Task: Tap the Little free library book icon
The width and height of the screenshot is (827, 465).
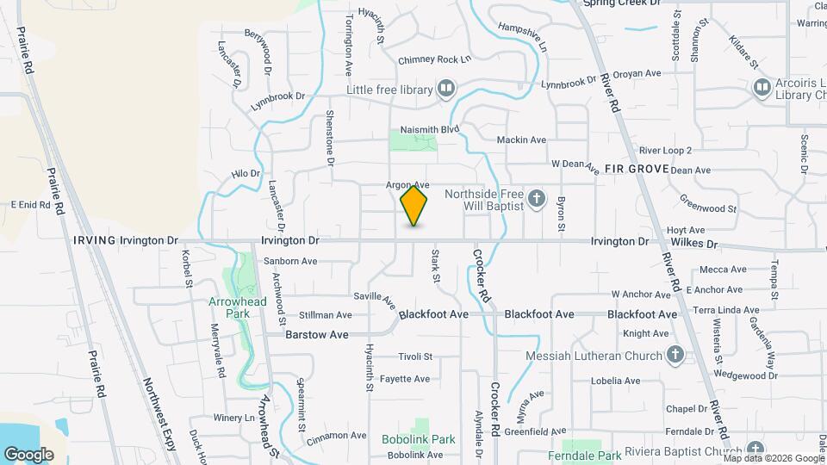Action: [x=445, y=89]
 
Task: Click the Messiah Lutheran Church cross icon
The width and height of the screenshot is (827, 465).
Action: [x=675, y=356]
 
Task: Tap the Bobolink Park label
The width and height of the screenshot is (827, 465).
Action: [x=419, y=439]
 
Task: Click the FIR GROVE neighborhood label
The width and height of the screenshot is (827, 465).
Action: [x=637, y=169]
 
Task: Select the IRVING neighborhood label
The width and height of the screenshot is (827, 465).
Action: [x=95, y=240]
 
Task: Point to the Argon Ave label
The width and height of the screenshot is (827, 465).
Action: [x=407, y=185]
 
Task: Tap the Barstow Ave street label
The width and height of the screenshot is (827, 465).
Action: [x=317, y=333]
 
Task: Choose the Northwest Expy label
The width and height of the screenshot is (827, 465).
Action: [x=161, y=415]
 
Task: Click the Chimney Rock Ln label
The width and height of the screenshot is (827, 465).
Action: [x=434, y=60]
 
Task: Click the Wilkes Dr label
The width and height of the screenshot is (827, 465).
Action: [x=700, y=245]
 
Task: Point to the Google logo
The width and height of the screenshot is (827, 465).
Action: [x=28, y=454]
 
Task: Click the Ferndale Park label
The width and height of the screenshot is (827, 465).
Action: [x=585, y=456]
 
